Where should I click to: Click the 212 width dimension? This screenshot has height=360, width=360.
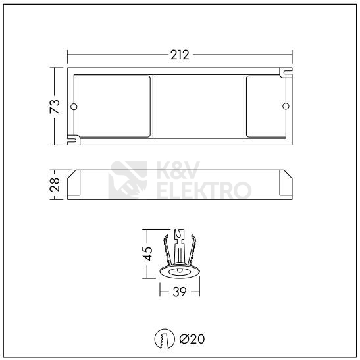coord(180,55)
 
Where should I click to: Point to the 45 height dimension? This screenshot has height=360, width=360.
coord(149,252)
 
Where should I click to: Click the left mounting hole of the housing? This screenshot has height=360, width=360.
coord(74,107)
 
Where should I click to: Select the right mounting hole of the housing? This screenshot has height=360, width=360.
coord(285,107)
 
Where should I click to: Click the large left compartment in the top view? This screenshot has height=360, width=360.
coord(112,105)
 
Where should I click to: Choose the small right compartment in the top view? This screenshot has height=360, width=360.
coord(266,105)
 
